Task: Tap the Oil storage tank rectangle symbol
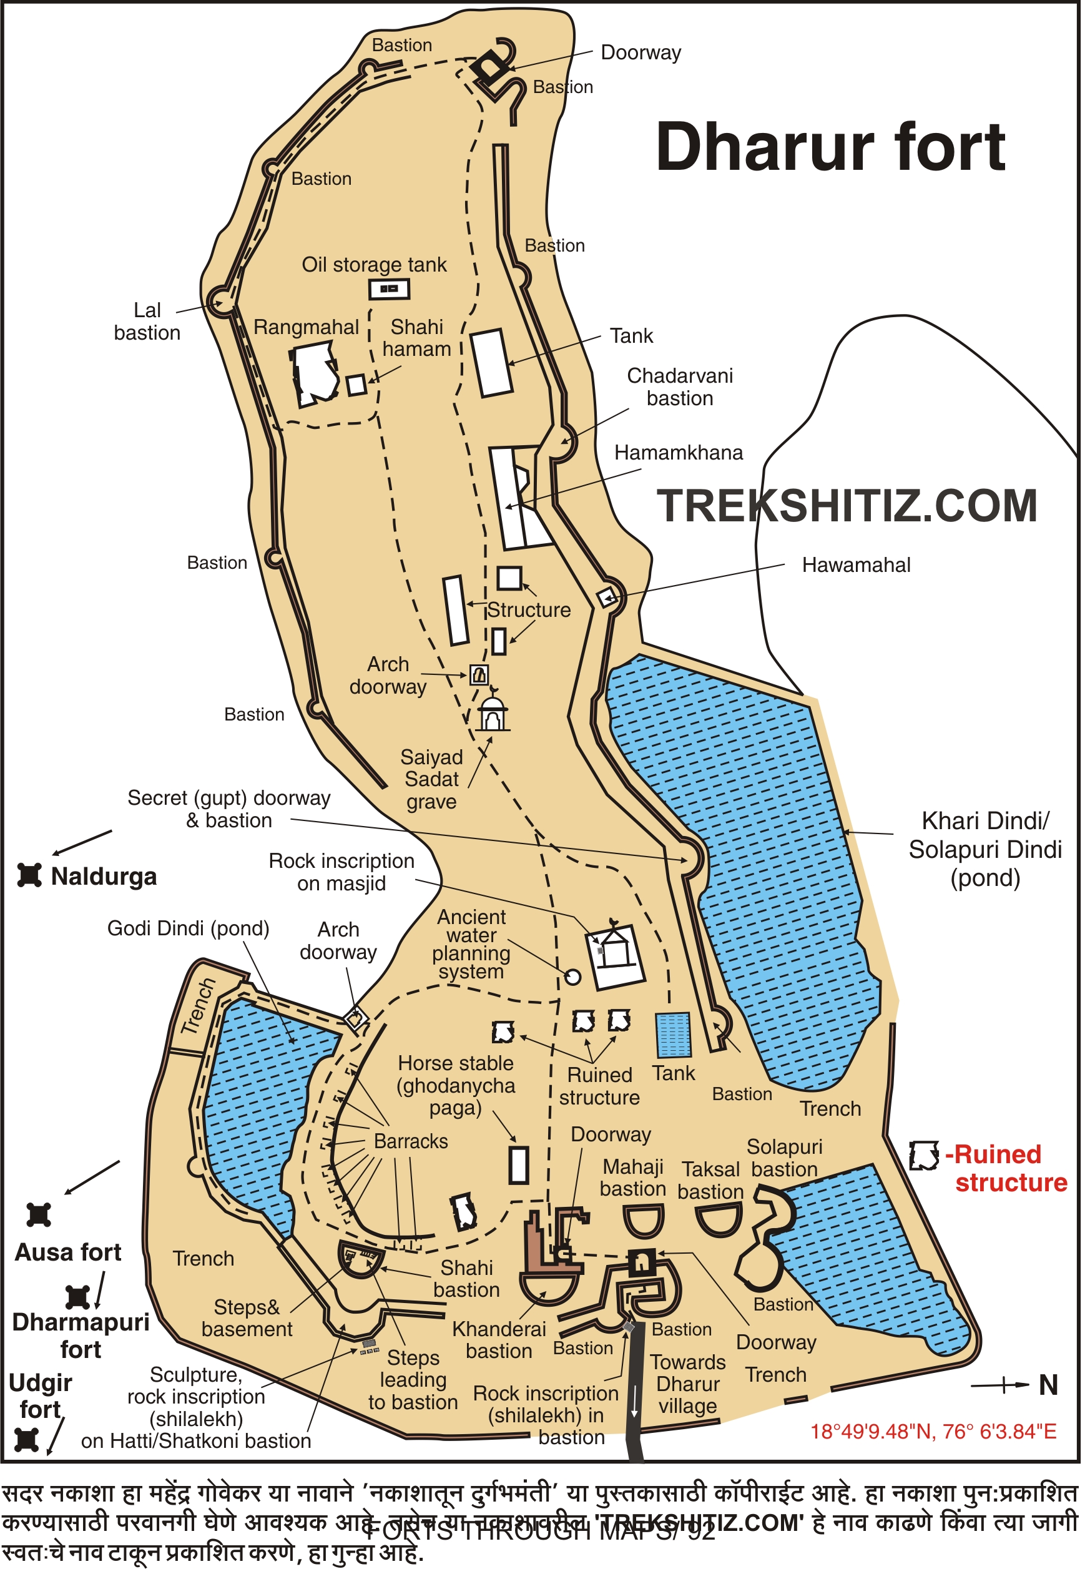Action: point(390,290)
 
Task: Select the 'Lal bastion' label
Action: point(147,322)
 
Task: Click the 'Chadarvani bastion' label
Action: point(680,387)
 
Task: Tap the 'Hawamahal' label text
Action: point(856,565)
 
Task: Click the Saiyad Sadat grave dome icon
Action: point(493,712)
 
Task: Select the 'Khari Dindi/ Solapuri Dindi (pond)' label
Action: point(985,849)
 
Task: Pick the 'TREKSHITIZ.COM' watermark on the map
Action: point(847,506)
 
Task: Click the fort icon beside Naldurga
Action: point(29,876)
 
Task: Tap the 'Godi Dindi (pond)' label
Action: point(189,929)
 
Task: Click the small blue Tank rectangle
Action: point(673,1036)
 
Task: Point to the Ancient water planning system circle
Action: point(573,978)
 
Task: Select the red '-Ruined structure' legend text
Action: point(1007,1169)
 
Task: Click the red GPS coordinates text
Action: point(933,1432)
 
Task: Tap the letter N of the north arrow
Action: point(1048,1385)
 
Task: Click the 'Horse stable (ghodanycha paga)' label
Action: point(456,1086)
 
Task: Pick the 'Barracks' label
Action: point(411,1141)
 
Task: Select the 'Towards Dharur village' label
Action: point(687,1384)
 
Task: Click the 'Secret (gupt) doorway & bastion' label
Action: point(229,809)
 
